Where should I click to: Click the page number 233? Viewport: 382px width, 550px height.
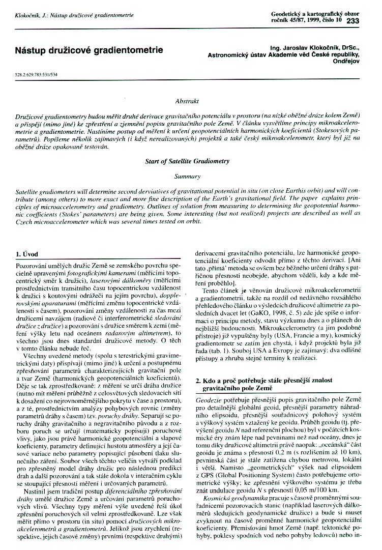point(352,21)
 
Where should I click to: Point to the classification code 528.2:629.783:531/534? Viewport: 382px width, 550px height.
point(36,74)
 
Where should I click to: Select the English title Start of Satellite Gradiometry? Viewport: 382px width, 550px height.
point(187,161)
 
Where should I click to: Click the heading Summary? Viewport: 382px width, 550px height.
point(187,176)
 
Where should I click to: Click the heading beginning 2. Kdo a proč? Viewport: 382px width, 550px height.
point(262,380)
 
